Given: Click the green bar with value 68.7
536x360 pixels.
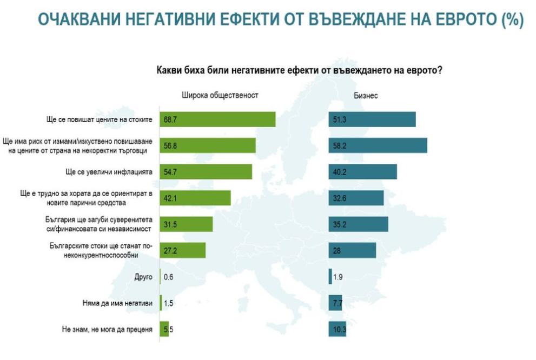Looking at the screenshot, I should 218,119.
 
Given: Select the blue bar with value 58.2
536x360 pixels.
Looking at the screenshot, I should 378,145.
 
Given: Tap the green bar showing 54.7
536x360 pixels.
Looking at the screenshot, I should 206,171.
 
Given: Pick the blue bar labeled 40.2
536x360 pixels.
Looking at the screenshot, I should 362,171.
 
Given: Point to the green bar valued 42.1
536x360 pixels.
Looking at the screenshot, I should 195,198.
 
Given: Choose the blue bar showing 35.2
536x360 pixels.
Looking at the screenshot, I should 358,224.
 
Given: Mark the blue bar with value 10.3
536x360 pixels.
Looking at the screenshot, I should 337,329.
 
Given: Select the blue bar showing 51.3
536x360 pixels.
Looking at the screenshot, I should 372,119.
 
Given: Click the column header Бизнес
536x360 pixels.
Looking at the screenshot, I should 366,95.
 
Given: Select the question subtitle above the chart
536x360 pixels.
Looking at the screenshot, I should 299,70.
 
